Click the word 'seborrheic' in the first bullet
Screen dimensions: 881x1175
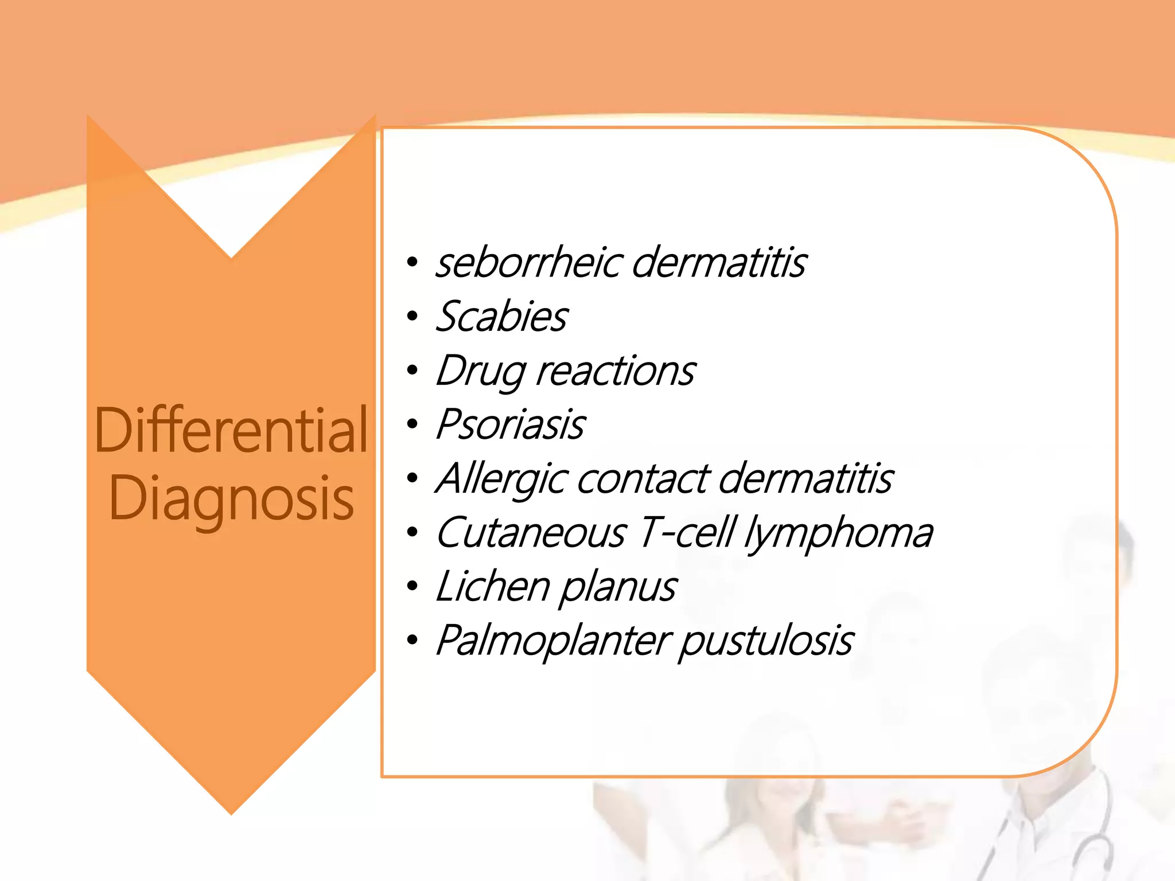(528, 263)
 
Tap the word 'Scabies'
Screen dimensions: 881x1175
(501, 317)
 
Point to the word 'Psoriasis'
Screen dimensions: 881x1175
(511, 425)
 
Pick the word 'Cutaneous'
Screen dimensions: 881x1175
(531, 533)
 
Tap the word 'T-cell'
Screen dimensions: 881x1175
(686, 533)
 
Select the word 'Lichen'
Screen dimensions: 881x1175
(492, 587)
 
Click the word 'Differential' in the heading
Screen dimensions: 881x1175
(231, 430)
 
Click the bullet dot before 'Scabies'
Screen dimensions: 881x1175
(412, 317)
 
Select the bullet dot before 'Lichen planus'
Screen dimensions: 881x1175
(412, 587)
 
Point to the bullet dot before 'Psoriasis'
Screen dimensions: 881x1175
(412, 425)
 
